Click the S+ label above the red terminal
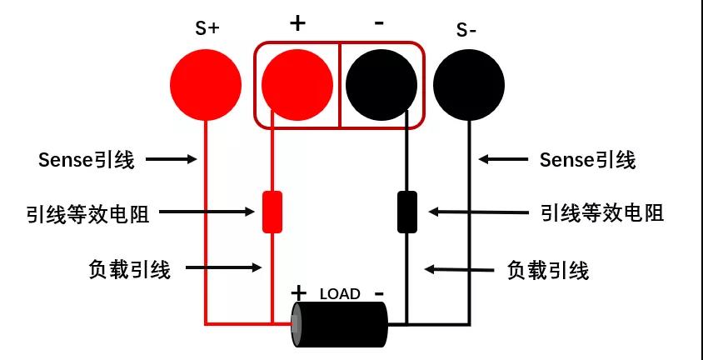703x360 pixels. [x=207, y=28]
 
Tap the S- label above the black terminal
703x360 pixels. [x=466, y=30]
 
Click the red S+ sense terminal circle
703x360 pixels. [x=206, y=85]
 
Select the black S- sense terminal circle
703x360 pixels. [x=469, y=85]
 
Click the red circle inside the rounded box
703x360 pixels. [x=297, y=85]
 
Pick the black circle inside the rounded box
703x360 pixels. [x=381, y=85]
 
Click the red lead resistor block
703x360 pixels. [x=272, y=212]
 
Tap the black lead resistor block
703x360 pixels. [x=407, y=212]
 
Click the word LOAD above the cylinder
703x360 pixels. [x=340, y=294]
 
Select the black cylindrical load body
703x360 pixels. [x=339, y=324]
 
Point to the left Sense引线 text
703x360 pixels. [x=86, y=160]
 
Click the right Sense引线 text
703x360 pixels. [x=587, y=160]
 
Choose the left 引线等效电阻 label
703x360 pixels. [x=88, y=214]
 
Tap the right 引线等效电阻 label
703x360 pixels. [x=602, y=213]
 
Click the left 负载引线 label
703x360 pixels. [x=130, y=270]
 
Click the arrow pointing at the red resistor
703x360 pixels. [x=207, y=212]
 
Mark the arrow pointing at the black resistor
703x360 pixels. [x=479, y=212]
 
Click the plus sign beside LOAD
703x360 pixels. [x=298, y=293]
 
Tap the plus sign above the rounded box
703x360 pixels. [x=297, y=22]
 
